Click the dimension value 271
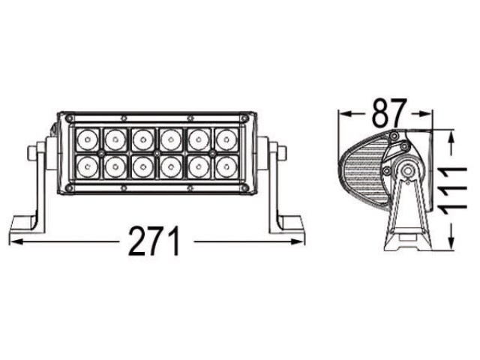point(154,241)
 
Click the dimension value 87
point(389,112)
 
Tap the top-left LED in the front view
point(88,139)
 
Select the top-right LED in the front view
point(226,139)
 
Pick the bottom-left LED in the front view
point(88,166)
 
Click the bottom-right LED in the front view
point(226,166)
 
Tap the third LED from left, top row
point(143,139)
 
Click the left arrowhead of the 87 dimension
point(344,114)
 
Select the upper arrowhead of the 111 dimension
point(451,137)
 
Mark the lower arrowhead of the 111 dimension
point(451,243)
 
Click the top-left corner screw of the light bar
point(70,118)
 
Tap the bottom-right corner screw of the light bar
point(244,188)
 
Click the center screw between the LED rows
point(157,152)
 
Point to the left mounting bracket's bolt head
point(32,153)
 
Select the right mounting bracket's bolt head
point(281,153)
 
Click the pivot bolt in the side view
point(407,171)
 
